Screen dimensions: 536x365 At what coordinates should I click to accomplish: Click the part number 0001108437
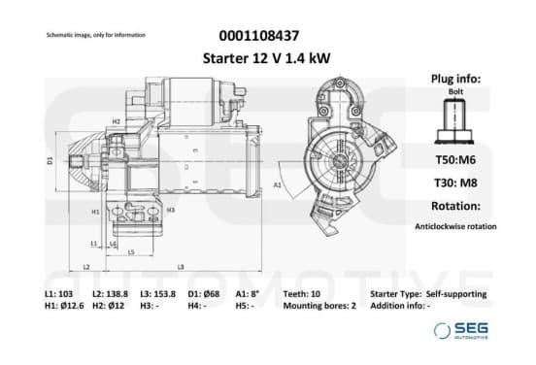pos(258,36)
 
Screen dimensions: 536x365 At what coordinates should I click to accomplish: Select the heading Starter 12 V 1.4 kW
pos(266,58)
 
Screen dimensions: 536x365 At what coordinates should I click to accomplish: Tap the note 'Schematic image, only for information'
pos(96,35)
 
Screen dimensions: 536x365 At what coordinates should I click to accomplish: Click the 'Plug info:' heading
pos(455,79)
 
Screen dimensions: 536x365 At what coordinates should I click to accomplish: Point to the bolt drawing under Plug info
pos(454,121)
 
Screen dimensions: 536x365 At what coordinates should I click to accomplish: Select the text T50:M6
pos(455,159)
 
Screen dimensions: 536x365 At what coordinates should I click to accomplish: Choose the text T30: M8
pos(455,182)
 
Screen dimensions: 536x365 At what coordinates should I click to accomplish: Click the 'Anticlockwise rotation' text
pos(455,226)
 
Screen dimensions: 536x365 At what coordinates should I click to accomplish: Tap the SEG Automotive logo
pos(461,330)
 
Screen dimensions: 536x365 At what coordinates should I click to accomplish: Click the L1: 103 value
pos(59,294)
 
